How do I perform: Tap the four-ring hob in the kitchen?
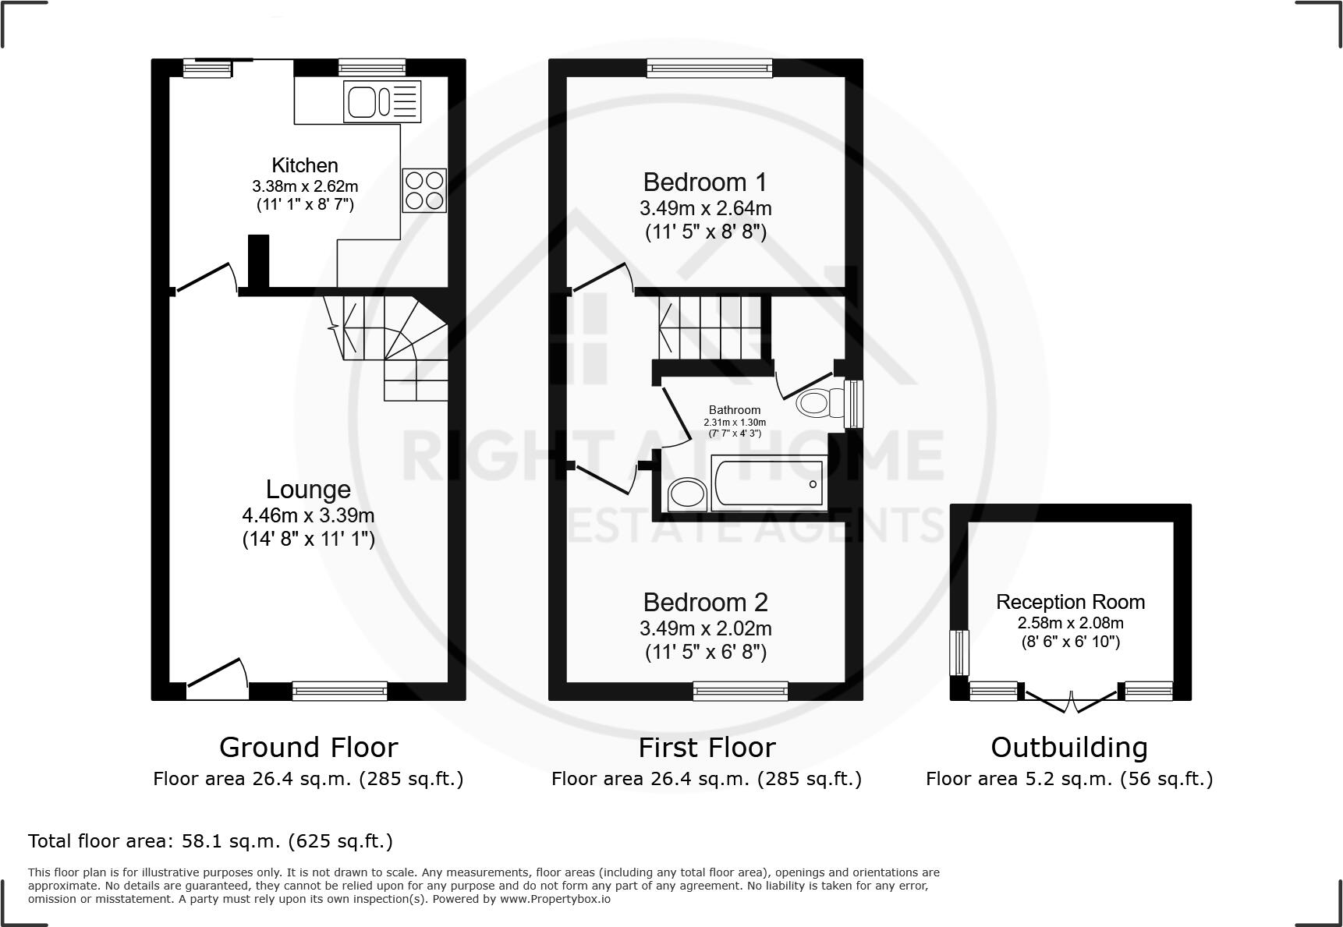point(424,190)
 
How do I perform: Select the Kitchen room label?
point(305,165)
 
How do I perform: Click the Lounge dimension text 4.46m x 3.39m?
point(308,515)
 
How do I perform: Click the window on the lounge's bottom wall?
point(340,690)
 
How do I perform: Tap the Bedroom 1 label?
point(704,182)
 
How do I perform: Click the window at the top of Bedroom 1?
point(710,69)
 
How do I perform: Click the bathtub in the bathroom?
point(769,484)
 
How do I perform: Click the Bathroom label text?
point(734,410)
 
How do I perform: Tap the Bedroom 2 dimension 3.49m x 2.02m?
point(705,628)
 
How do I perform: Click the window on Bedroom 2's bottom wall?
point(740,690)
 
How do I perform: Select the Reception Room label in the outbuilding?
point(1070,602)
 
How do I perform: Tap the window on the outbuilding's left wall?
point(959,653)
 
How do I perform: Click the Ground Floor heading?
point(308,747)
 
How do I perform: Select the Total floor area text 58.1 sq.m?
point(210,841)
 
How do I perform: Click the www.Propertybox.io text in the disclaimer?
point(555,899)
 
